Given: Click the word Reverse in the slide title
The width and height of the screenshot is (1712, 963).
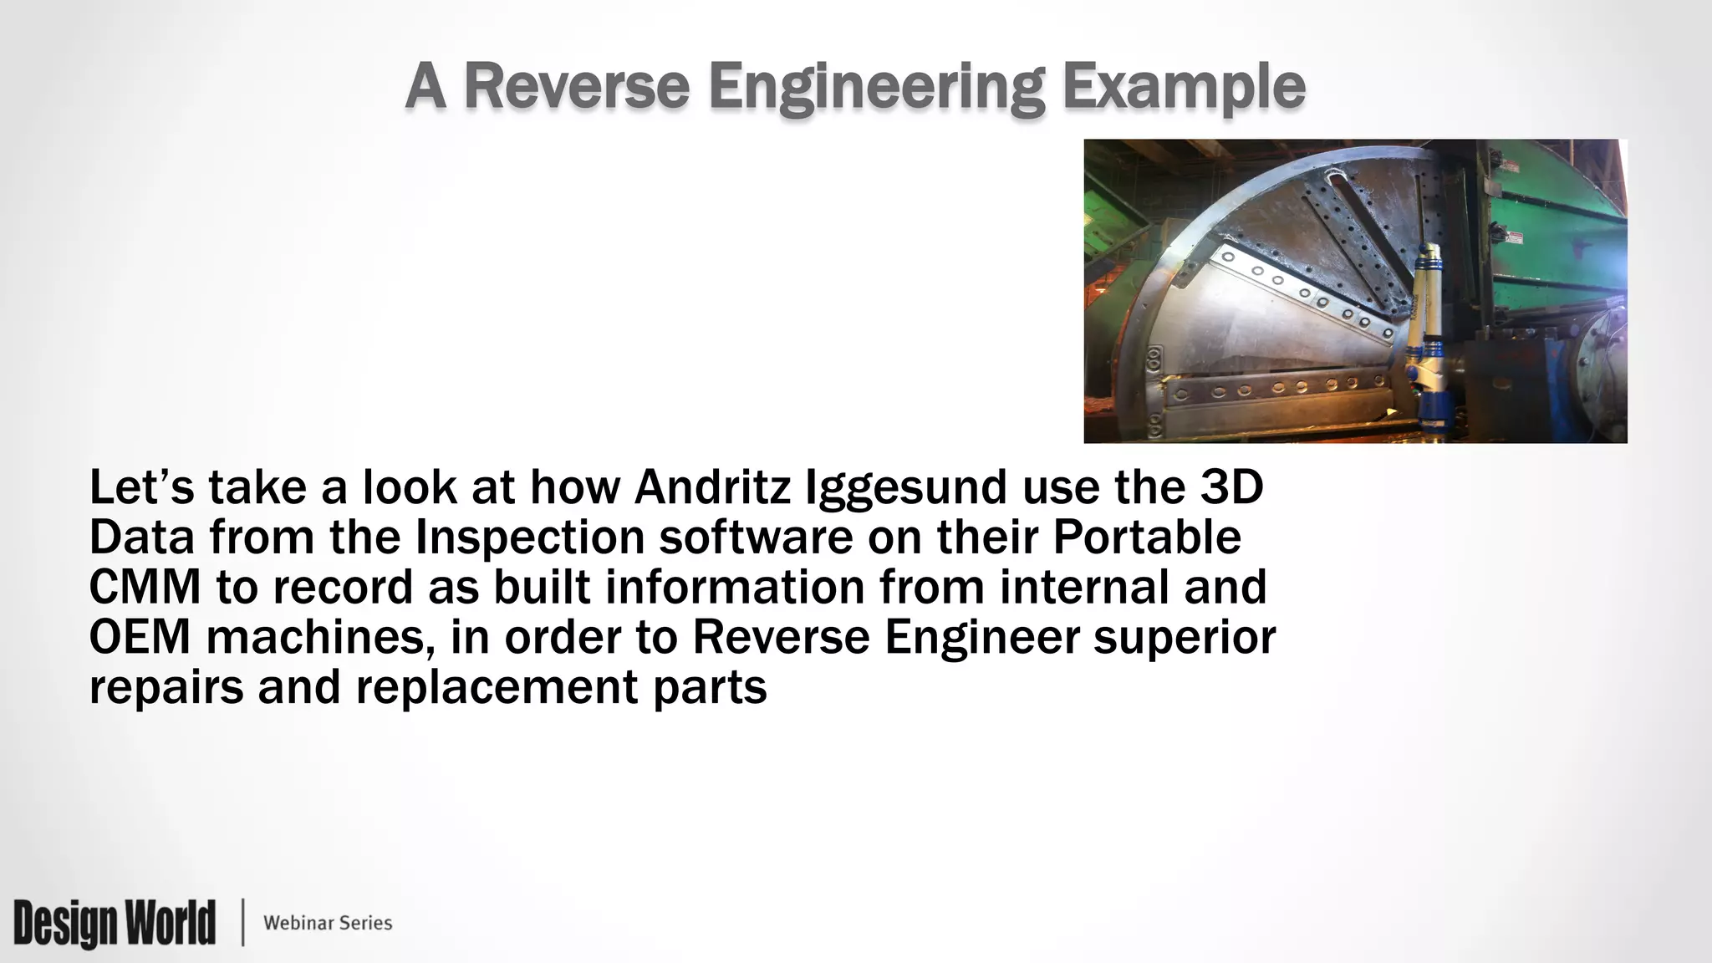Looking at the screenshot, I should pos(576,86).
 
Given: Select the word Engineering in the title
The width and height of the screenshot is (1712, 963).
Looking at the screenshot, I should pos(877,88).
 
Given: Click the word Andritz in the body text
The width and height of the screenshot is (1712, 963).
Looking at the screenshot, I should pos(712,487).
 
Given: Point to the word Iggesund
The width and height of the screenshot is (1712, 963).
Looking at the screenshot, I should pos(905,489).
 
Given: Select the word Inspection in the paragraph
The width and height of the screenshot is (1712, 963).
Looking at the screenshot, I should pos(530,538).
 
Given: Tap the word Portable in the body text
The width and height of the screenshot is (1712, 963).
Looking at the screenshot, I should pos(1147,538).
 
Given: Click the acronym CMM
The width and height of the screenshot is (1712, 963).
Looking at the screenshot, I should pos(145,587).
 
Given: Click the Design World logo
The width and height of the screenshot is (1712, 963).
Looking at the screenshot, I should pos(115,923).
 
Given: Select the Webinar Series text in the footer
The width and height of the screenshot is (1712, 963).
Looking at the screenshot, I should pos(328,923).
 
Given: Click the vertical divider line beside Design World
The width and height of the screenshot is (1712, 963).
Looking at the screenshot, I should pos(243,923).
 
